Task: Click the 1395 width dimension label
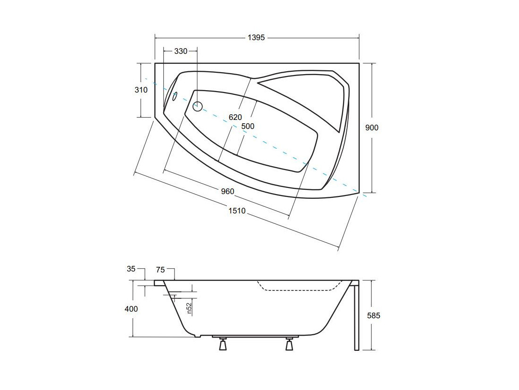click(256, 38)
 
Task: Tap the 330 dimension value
click(181, 51)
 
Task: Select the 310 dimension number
click(141, 90)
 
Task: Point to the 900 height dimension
click(372, 127)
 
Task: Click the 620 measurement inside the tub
click(235, 117)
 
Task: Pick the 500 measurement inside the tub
click(248, 126)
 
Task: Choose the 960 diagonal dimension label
click(227, 191)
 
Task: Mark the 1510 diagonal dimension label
click(237, 211)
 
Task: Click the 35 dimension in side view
click(131, 269)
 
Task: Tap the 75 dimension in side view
click(160, 270)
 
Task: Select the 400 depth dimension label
click(131, 309)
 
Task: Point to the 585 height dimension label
click(374, 315)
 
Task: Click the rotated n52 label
click(189, 308)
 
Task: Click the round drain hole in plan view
click(197, 106)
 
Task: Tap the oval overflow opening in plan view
click(175, 96)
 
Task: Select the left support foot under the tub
click(223, 344)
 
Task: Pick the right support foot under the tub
click(290, 344)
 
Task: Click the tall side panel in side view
click(357, 316)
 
